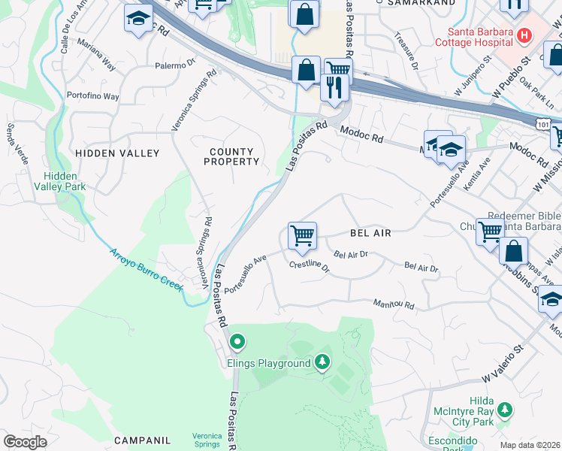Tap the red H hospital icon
[524, 35]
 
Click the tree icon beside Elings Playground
[322, 363]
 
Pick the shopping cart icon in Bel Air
[302, 236]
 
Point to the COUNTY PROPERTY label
[231, 157]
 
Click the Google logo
[25, 442]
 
